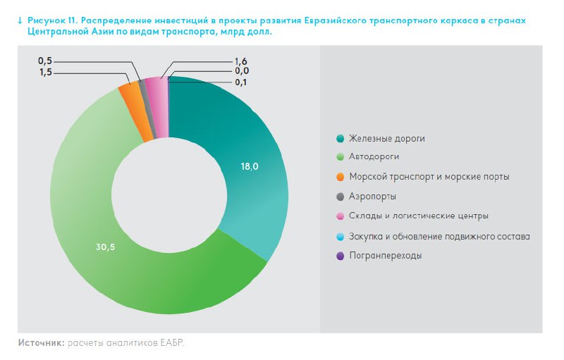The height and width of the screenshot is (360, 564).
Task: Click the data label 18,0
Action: [250, 167]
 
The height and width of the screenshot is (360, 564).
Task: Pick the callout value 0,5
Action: [46, 61]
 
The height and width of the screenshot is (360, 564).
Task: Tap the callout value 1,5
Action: [46, 73]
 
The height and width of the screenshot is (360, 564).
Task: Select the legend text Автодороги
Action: [379, 157]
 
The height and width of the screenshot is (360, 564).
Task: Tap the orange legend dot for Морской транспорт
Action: [340, 177]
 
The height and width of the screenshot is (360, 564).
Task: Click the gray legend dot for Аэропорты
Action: [340, 197]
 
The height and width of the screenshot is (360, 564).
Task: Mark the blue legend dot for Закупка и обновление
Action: [340, 236]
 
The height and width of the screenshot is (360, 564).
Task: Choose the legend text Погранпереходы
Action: [385, 256]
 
